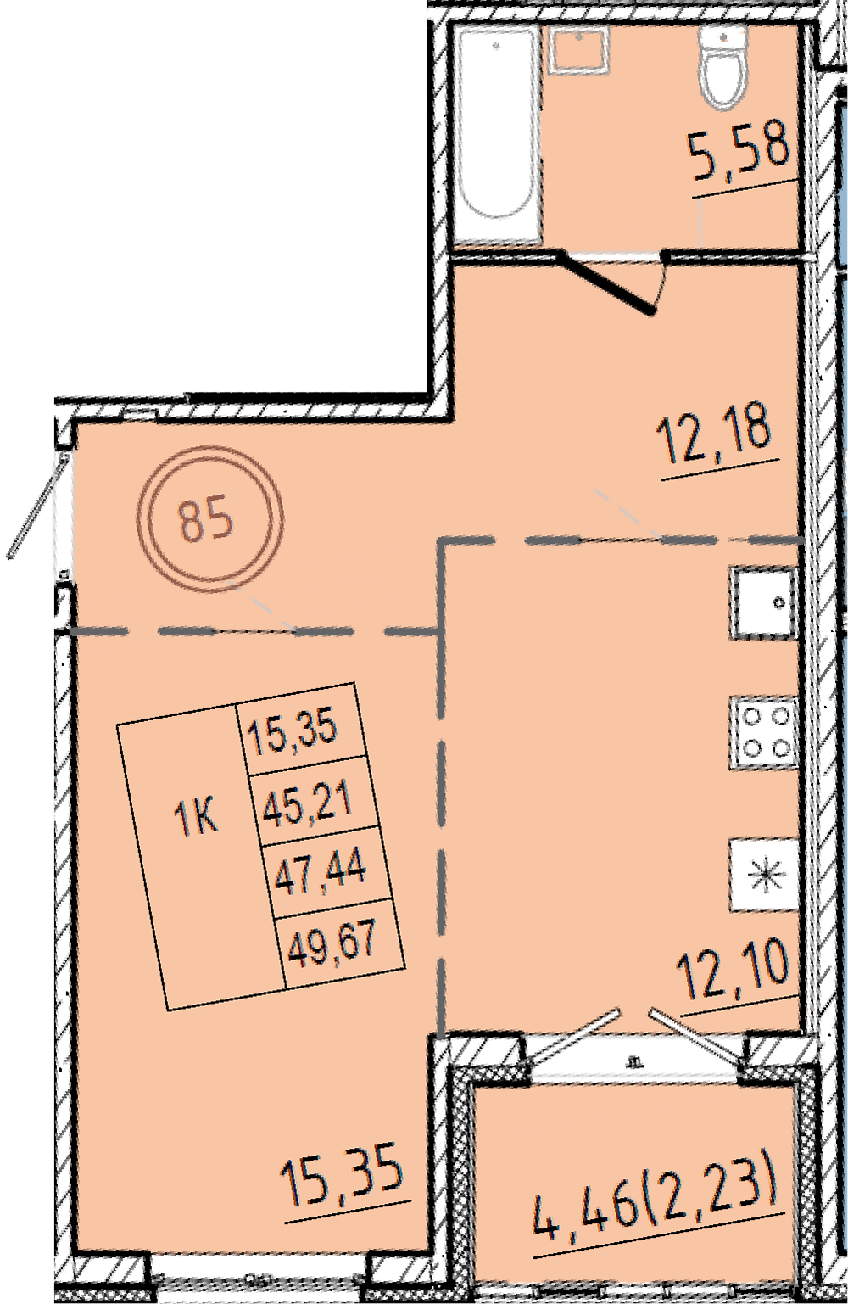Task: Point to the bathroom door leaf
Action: point(606,283)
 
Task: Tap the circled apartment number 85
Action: point(209,519)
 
